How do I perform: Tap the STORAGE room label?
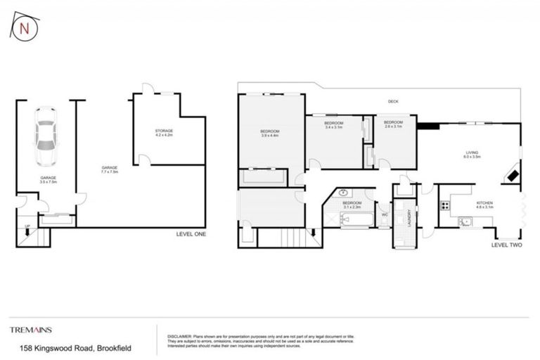tap(164, 131)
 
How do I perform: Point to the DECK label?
tap(394, 102)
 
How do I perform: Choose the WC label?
tap(384, 214)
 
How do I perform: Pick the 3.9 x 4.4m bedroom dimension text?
tap(270, 136)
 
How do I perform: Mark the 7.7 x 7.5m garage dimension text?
tap(110, 172)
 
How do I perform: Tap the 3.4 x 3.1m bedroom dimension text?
tap(333, 127)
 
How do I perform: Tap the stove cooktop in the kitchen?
tap(444, 206)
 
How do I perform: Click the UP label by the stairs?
tap(27, 227)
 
